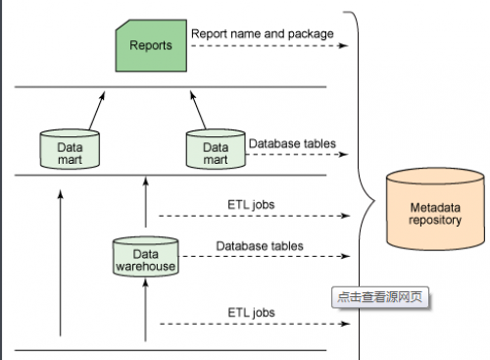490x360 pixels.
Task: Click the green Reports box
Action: [x=151, y=45]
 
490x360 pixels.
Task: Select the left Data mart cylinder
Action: [x=70, y=149]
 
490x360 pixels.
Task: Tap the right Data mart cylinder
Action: [x=216, y=149]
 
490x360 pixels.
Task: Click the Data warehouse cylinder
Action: [x=145, y=257]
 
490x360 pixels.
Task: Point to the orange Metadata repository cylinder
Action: [x=435, y=209]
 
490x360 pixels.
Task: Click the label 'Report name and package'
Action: [x=263, y=33]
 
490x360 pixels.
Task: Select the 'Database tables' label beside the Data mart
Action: [x=292, y=143]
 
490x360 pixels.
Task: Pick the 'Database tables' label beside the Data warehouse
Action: [x=260, y=246]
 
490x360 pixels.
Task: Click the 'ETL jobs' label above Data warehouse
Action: [x=251, y=205]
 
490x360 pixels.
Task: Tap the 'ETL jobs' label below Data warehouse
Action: [x=251, y=313]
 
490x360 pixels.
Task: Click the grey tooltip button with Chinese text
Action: [x=380, y=297]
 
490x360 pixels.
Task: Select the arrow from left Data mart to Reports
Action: [x=97, y=111]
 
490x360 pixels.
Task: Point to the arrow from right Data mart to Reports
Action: [x=198, y=110]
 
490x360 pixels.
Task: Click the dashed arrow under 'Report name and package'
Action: [x=269, y=46]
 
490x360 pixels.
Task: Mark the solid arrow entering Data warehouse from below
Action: [x=146, y=310]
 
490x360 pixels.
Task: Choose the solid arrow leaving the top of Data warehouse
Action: [x=146, y=202]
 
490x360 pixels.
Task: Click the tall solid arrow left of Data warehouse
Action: [x=60, y=263]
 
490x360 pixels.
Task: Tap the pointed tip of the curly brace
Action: [x=375, y=200]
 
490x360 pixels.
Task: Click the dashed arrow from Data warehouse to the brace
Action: [x=266, y=256]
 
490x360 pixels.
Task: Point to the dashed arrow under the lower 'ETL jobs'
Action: [x=255, y=324]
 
